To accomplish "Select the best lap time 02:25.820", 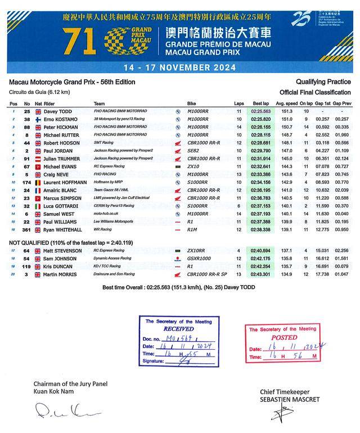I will coord(262,120).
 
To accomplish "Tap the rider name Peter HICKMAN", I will coord(60,128).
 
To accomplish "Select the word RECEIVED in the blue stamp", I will coord(178,329).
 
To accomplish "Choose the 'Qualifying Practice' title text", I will coord(323,83).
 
